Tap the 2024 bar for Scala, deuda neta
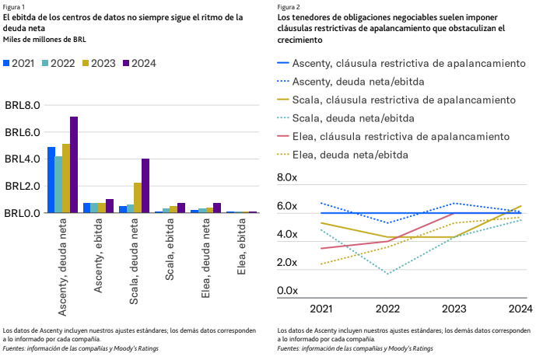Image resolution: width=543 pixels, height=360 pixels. pyautogui.click(x=145, y=186)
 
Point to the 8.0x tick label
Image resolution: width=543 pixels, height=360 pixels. pyautogui.click(x=287, y=177)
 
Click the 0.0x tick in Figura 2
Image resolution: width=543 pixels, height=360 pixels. pyautogui.click(x=287, y=291)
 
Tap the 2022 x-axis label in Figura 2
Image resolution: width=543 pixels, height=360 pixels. pyautogui.click(x=387, y=309)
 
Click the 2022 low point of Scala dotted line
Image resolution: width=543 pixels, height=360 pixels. pyautogui.click(x=387, y=274)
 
